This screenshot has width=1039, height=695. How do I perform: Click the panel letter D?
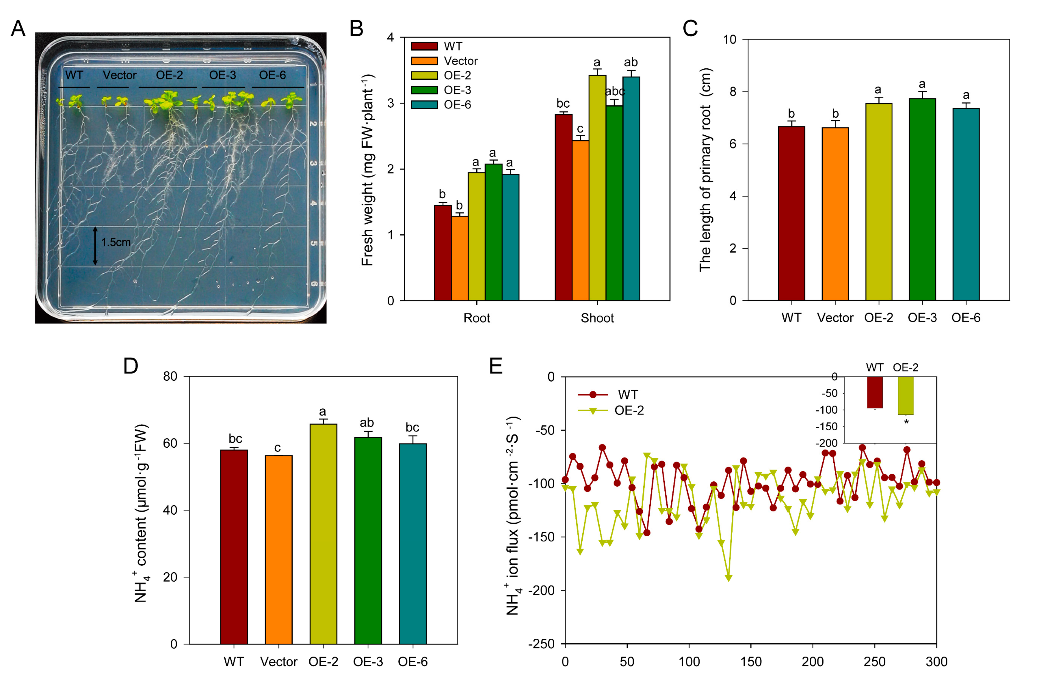pos(131,366)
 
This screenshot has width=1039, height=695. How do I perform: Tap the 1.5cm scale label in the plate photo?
pos(116,242)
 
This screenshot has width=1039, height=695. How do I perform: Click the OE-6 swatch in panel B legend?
pos(424,104)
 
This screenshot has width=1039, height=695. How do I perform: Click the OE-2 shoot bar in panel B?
pos(597,188)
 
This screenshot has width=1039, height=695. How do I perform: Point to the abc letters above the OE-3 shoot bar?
pos(615,91)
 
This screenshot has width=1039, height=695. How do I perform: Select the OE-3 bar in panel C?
pos(922,199)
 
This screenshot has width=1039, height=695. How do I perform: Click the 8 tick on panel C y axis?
pos(733,92)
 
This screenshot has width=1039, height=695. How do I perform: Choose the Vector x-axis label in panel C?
pos(835,318)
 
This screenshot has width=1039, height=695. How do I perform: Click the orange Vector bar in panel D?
pos(279,550)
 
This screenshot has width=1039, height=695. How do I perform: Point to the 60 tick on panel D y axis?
pos(170,443)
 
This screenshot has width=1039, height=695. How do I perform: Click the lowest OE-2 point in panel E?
pos(728,578)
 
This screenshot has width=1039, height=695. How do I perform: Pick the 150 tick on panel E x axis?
pos(751,662)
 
